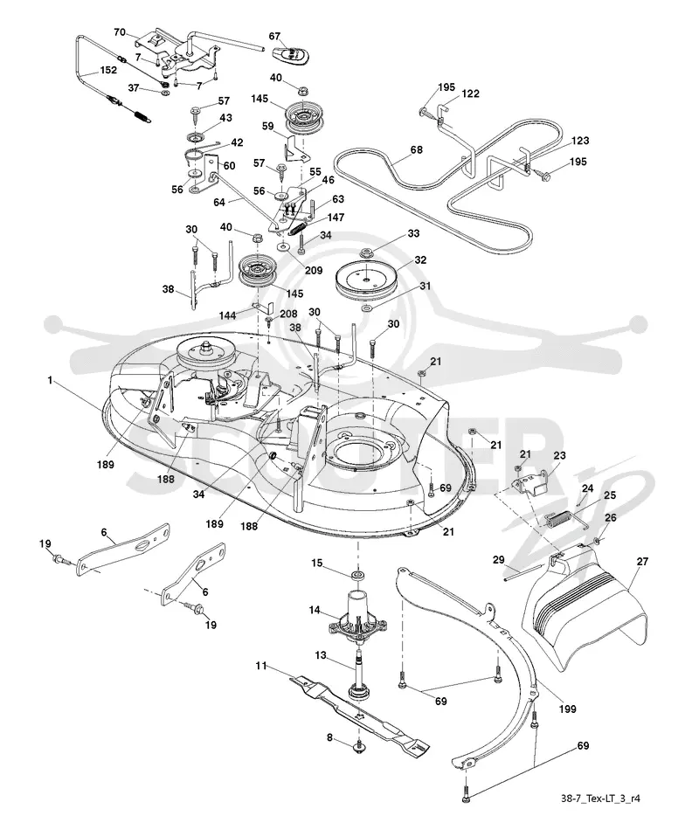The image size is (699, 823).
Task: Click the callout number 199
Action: (x=567, y=709)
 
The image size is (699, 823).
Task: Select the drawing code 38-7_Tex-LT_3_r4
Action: (x=599, y=799)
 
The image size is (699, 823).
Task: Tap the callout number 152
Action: (x=108, y=69)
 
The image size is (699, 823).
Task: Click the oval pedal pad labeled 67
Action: (x=291, y=54)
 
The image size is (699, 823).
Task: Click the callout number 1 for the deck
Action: (x=50, y=380)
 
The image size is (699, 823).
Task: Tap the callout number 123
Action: (x=580, y=140)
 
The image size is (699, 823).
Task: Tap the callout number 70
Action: (x=120, y=32)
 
